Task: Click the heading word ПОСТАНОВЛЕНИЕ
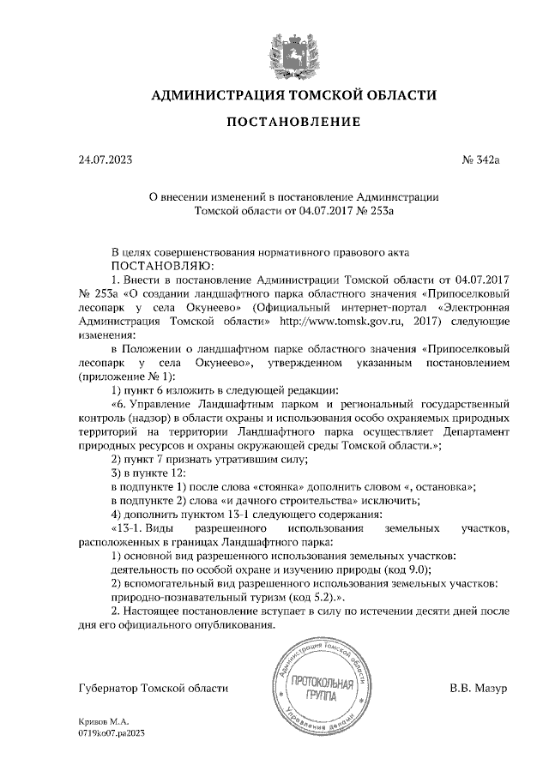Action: pyautogui.click(x=293, y=122)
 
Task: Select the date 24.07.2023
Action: pyautogui.click(x=105, y=159)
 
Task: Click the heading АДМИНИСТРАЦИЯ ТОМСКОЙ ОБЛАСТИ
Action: pyautogui.click(x=293, y=94)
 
